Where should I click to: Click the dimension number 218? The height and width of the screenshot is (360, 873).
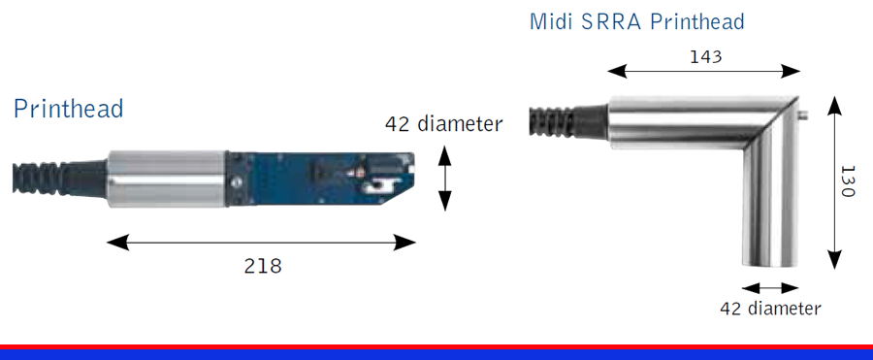(x=263, y=266)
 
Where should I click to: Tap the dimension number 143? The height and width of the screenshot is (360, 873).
(x=705, y=57)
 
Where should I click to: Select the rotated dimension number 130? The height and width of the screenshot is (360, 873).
(x=846, y=181)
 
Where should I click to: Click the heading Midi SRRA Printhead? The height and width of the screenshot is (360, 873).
(x=637, y=21)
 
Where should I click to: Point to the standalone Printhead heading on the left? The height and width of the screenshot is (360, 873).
(x=68, y=108)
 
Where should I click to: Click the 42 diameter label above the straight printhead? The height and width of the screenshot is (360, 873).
(x=443, y=123)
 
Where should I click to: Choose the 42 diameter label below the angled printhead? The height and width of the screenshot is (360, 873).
(x=770, y=309)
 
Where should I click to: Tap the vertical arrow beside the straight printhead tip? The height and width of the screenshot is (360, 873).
(x=443, y=179)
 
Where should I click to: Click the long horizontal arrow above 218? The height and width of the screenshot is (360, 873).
(x=261, y=243)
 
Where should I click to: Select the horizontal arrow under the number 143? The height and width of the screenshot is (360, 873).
(x=704, y=72)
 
